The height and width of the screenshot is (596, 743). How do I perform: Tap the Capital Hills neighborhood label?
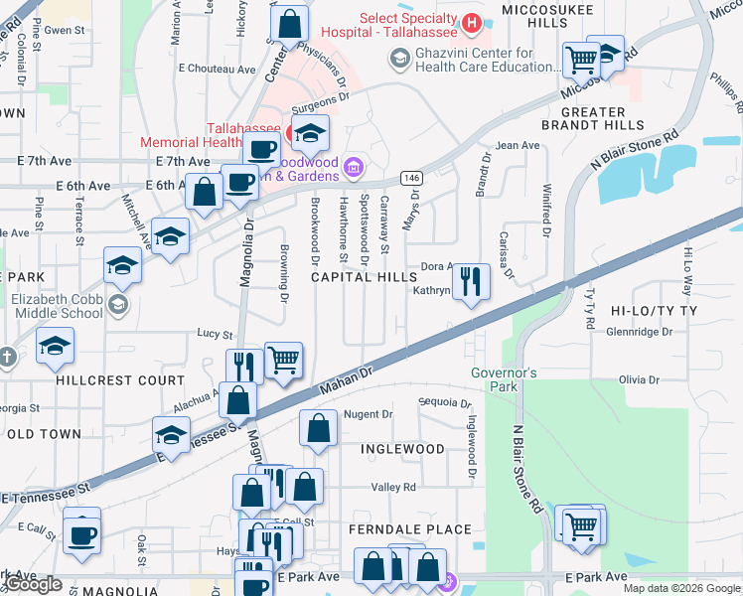pos(365,278)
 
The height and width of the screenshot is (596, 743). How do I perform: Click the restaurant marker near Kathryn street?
pos(470,281)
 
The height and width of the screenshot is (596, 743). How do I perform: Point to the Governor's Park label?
pos(504,379)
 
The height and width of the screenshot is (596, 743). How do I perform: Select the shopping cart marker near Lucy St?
pos(284,360)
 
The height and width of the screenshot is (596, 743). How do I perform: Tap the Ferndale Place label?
pos(409,529)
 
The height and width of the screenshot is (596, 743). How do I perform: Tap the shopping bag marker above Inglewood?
pos(318,429)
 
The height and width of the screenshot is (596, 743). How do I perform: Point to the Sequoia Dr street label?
pos(446,403)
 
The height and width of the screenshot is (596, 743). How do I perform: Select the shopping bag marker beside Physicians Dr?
pos(289,23)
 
